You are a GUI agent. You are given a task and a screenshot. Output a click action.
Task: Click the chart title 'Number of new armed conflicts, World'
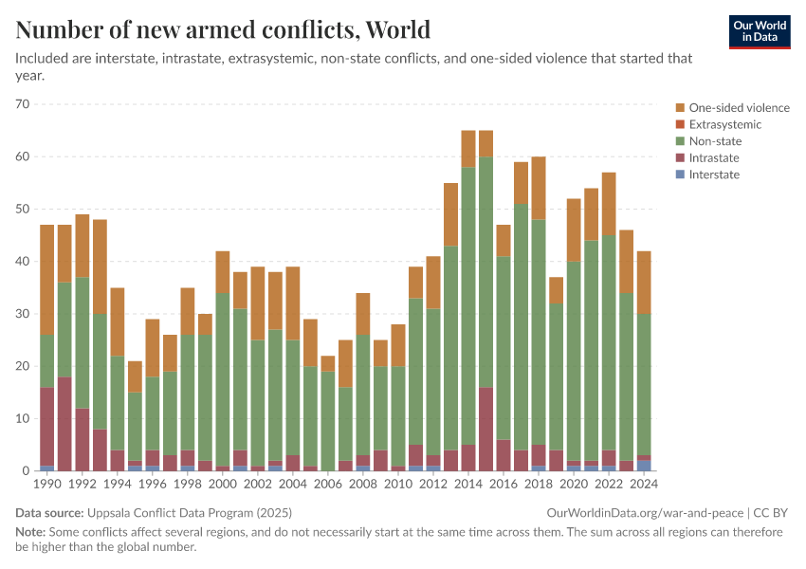point(223,30)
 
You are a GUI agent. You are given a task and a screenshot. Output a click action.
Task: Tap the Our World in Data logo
point(759,31)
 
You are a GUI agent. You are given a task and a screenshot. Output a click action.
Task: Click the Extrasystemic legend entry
point(724,124)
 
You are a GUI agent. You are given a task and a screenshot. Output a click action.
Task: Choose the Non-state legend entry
point(715,141)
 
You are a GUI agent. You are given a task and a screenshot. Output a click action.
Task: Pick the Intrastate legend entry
point(714,157)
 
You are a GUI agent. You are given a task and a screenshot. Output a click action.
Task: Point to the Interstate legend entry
point(714,174)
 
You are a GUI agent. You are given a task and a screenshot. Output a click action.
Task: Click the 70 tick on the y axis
point(23,104)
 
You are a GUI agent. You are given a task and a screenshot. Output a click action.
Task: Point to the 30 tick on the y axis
point(23,314)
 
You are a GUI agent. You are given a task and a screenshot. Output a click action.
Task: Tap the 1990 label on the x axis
point(46,485)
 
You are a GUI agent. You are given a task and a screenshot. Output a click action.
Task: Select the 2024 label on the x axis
point(643,485)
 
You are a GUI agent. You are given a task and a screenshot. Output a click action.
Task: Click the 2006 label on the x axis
point(327,485)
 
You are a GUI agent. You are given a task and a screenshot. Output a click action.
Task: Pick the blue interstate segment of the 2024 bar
point(643,466)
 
